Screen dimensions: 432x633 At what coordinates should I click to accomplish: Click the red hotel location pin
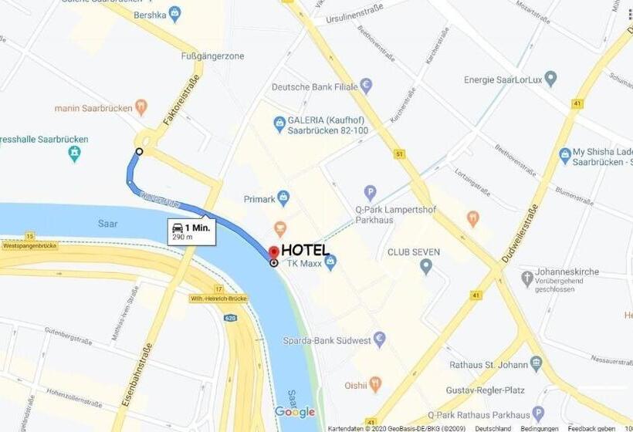pyautogui.click(x=274, y=252)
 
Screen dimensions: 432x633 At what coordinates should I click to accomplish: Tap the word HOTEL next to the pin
pyautogui.click(x=305, y=250)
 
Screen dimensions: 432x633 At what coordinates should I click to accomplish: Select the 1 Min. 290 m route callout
pyautogui.click(x=191, y=231)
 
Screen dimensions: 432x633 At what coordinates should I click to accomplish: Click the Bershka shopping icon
pyautogui.click(x=175, y=13)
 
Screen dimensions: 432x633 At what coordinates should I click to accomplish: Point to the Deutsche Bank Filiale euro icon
pyautogui.click(x=367, y=86)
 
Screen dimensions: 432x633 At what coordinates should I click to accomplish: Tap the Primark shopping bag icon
pyautogui.click(x=283, y=197)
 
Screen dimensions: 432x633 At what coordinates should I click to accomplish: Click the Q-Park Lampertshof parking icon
pyautogui.click(x=371, y=192)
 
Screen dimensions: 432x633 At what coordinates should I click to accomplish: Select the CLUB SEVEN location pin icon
pyautogui.click(x=426, y=267)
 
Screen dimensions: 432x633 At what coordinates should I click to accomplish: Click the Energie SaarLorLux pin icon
pyautogui.click(x=550, y=79)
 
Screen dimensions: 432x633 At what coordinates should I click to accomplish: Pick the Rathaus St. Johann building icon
pyautogui.click(x=537, y=363)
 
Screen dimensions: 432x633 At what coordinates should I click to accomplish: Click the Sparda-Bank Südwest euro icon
pyautogui.click(x=379, y=339)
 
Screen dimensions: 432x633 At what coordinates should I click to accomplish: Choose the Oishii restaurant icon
pyautogui.click(x=375, y=383)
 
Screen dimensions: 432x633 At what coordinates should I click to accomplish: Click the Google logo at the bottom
pyautogui.click(x=295, y=412)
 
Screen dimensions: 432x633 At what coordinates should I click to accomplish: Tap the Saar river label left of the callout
pyautogui.click(x=108, y=223)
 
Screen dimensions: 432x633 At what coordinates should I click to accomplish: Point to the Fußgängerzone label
pyautogui.click(x=212, y=56)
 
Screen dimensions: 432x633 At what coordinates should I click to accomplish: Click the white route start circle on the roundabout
pyautogui.click(x=139, y=152)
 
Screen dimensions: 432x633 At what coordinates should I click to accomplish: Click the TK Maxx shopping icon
pyautogui.click(x=330, y=263)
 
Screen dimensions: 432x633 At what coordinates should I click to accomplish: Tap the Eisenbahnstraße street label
pyautogui.click(x=131, y=375)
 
